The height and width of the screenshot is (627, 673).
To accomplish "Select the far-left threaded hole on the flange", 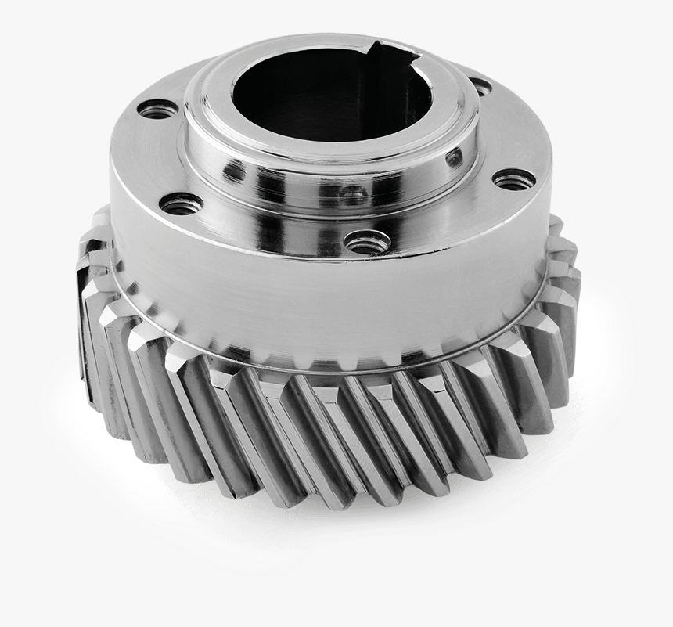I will point(158,110).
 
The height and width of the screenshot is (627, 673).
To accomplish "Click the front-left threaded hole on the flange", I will point(182,205).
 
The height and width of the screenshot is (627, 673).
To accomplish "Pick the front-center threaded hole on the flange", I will point(368,242).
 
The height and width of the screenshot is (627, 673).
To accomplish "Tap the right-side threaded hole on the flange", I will point(514,179).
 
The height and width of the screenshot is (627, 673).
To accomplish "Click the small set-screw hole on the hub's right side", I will point(454,159).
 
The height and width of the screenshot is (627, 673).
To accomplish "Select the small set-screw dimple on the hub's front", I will point(352,193).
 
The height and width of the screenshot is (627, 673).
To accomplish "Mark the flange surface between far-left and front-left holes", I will point(149,157).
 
